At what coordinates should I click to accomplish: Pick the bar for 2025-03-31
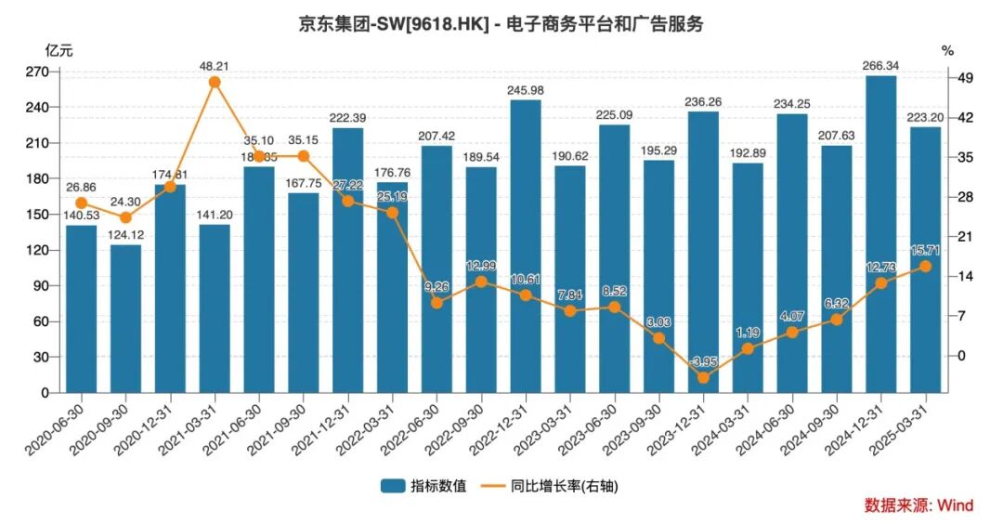925,260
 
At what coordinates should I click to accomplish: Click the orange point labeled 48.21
215,82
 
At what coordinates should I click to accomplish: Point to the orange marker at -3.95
703,378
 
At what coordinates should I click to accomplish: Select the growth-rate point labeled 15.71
925,267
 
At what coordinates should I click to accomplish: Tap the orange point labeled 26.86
81,203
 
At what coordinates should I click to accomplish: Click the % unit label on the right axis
947,50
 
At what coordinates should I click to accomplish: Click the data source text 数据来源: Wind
918,505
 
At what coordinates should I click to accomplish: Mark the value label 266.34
880,65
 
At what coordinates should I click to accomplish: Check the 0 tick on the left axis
43,393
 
